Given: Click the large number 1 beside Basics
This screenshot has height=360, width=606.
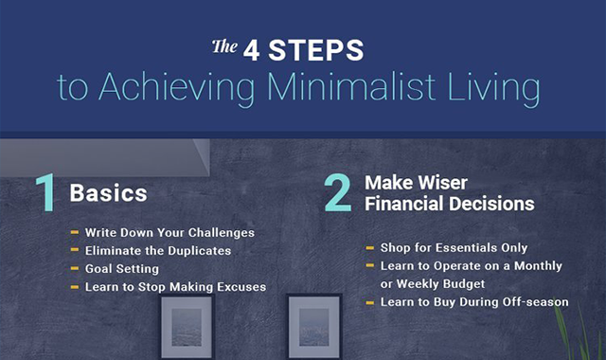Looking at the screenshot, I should coord(45,192).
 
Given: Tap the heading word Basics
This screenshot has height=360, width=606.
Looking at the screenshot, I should coord(108,193).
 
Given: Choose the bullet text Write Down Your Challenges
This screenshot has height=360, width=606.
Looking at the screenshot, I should coord(169,232).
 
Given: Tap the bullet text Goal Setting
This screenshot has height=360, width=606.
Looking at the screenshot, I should coord(122,268).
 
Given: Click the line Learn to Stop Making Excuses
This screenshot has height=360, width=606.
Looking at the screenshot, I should coord(175,286).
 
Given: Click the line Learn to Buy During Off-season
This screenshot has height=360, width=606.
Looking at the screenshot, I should coord(473,302).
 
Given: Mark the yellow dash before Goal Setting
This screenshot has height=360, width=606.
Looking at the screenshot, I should coord(74,269).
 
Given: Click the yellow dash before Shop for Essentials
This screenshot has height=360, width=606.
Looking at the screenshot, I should coord(368,249).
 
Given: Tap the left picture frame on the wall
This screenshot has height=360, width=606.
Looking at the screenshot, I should coord(187,327).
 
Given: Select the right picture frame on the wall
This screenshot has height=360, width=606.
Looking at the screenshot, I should coord(313,327).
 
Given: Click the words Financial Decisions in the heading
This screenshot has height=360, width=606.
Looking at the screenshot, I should coord(450,203).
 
